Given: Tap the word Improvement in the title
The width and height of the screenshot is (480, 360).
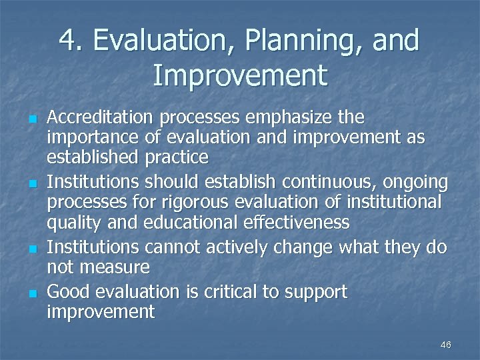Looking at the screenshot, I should click(240, 75).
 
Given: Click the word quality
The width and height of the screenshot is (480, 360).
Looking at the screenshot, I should click(72, 221).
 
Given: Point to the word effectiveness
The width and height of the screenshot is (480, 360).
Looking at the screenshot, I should click(275, 221).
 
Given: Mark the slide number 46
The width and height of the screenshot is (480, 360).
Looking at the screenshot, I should click(446, 345).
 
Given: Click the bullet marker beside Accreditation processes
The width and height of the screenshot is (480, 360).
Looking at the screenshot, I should click(31, 119).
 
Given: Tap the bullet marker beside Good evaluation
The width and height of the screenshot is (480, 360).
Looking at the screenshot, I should click(31, 292).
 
